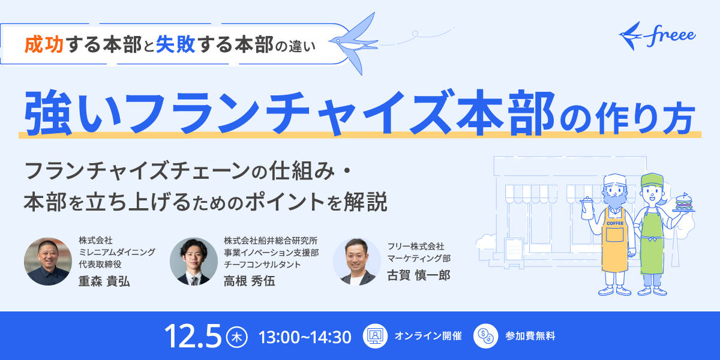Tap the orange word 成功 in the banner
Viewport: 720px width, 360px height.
pos(44,44)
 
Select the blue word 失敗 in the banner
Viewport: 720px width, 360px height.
pos(175,44)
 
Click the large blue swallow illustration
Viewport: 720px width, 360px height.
pos(353,43)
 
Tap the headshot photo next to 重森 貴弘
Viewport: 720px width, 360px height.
pos(48,262)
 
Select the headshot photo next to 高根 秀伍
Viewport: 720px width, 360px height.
pos(194,262)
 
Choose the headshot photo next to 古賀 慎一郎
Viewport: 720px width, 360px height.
pos(357,262)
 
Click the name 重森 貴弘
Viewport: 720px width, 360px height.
pos(104,281)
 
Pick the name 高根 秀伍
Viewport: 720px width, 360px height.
pos(250,281)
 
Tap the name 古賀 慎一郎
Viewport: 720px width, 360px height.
pos(419,275)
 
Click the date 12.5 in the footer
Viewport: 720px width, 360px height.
pos(193,336)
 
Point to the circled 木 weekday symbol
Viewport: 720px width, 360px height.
pos(237,337)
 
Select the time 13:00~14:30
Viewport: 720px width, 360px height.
pos(305,337)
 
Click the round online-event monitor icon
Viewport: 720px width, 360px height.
pos(375,336)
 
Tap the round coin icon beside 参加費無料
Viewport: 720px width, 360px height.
pos(485,336)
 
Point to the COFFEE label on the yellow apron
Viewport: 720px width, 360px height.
pos(615,223)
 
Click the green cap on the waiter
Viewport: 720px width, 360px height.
pos(652,180)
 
